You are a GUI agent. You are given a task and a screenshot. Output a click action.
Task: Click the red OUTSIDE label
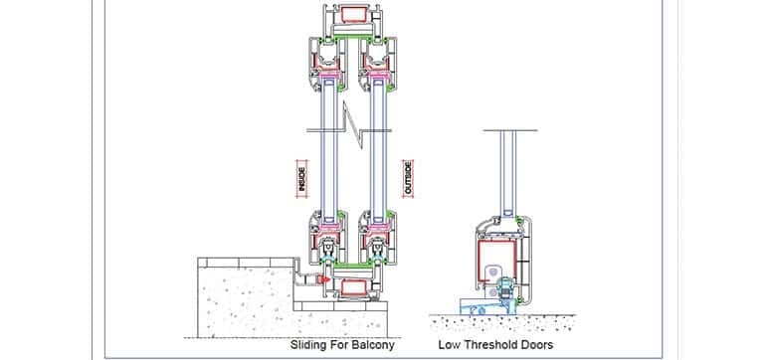407,179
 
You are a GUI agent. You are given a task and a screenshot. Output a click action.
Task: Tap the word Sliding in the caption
307,345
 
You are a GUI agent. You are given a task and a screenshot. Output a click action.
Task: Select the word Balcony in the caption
369,345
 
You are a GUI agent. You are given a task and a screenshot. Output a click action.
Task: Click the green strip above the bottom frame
355,269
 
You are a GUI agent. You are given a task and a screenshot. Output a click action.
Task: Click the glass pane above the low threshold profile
511,169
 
